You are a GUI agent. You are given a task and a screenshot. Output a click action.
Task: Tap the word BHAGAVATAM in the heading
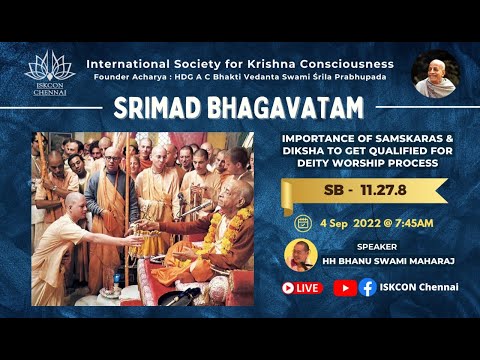click(x=239, y=108)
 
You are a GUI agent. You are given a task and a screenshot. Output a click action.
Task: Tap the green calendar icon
click(x=303, y=222)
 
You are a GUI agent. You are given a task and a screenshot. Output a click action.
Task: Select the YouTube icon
click(x=345, y=288)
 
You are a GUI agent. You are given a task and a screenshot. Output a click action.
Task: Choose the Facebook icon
click(x=367, y=288)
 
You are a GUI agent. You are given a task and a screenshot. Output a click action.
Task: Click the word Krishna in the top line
click(x=283, y=63)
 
